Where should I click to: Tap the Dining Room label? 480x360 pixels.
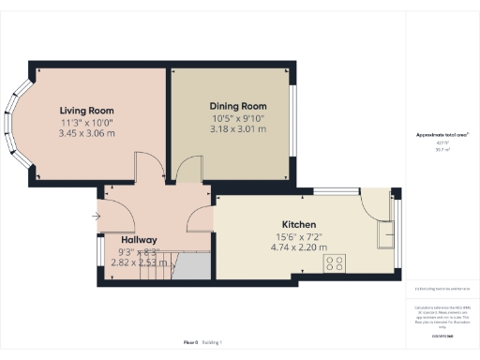(x=238, y=107)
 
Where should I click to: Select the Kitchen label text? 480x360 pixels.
(x=299, y=226)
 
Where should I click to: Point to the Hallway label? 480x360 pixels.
(x=139, y=240)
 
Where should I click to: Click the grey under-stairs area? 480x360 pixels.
(x=192, y=269)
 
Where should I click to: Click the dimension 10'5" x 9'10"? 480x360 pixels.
(x=238, y=118)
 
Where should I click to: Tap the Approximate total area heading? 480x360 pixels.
(x=442, y=135)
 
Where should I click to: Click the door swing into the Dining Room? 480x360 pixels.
(x=188, y=172)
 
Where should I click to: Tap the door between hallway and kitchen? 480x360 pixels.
(x=201, y=217)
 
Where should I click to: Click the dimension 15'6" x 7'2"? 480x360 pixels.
(x=299, y=238)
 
